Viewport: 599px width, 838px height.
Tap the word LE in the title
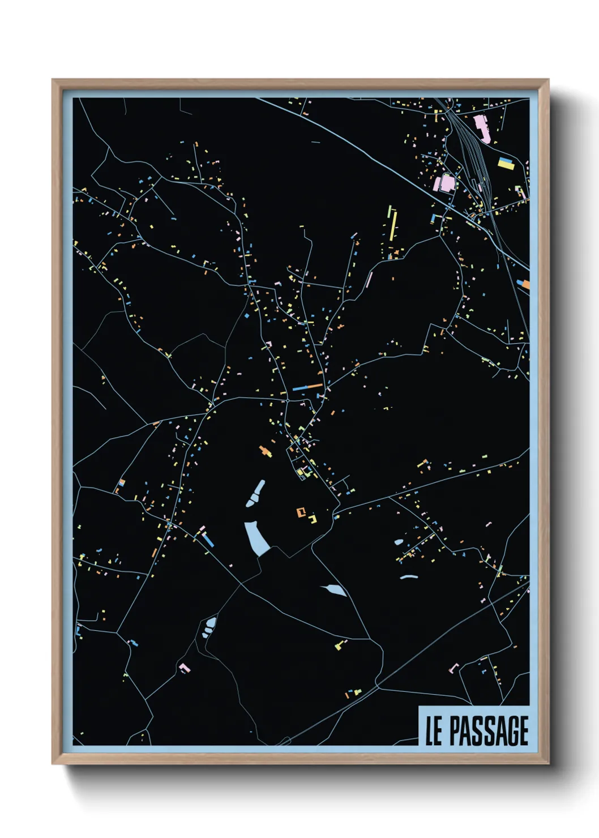point(434,731)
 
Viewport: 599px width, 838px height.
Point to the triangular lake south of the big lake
point(335,591)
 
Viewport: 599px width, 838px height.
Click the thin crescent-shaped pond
point(408,577)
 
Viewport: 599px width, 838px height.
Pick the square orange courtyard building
point(301,512)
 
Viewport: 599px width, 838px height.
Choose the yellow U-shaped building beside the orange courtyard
point(313,519)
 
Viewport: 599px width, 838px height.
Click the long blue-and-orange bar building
point(307,387)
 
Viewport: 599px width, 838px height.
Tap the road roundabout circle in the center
point(288,400)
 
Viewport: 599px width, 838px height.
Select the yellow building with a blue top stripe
point(506,164)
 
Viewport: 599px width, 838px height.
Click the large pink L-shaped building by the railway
point(482,128)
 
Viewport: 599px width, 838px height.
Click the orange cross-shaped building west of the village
point(265,451)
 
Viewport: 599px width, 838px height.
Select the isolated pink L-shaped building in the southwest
point(185,668)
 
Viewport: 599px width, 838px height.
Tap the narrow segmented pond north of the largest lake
point(256,493)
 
